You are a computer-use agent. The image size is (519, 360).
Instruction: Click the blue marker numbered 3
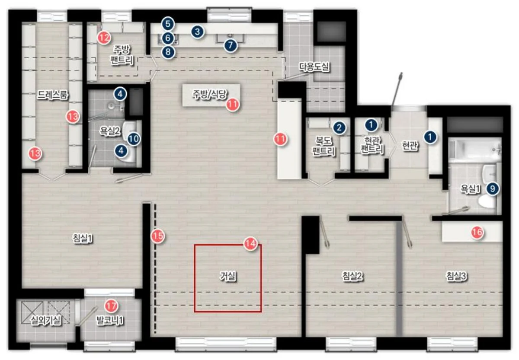coord(197,32)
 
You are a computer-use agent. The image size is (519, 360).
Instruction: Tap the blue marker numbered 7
coord(230,45)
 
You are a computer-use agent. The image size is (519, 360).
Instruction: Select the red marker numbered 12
coord(104,38)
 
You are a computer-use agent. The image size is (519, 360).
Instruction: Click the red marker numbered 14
coord(251,244)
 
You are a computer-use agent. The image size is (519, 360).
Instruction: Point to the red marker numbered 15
coord(158,236)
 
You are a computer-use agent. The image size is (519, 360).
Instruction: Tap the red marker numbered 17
coord(111,306)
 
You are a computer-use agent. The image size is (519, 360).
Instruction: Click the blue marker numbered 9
coord(493,189)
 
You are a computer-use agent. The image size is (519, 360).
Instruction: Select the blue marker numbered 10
coord(134,139)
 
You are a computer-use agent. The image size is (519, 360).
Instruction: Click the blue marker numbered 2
coord(339,128)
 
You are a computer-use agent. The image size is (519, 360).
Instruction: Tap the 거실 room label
coord(228,277)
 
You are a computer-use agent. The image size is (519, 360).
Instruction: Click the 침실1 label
coord(83,239)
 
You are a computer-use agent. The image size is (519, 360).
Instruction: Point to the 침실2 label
coord(352,276)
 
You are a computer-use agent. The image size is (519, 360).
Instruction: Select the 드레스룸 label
coord(53,95)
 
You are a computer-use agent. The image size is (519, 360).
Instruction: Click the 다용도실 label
coord(314,67)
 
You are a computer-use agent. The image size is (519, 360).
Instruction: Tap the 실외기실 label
coord(46,321)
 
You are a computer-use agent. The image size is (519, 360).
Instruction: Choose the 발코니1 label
coord(110,321)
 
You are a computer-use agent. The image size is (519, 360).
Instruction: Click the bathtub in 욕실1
coord(474,149)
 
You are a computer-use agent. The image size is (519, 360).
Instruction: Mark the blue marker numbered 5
coord(168,24)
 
